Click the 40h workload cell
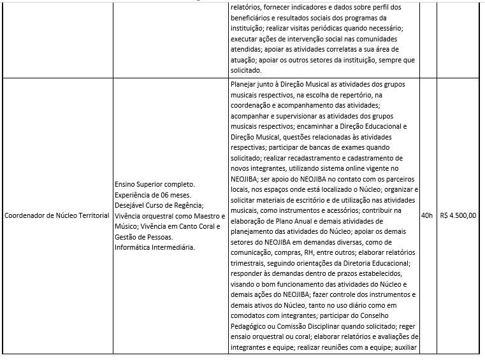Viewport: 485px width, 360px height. point(426,215)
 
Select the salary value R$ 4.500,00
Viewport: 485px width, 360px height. point(458,215)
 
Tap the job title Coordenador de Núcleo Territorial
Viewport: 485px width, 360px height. point(57,215)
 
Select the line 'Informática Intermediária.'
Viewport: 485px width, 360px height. point(155,247)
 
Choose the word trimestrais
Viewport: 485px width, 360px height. point(250,263)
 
